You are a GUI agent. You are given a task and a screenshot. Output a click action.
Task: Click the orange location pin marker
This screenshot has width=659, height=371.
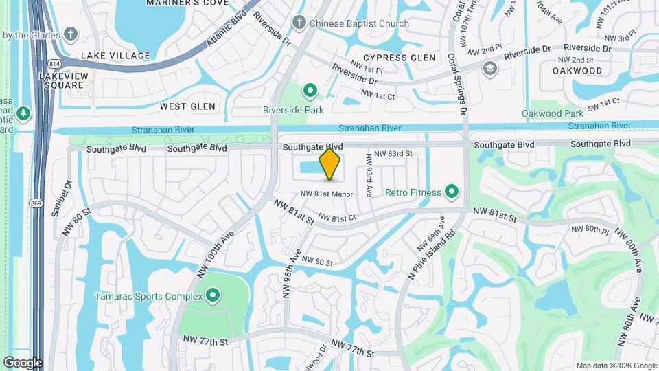(330, 164)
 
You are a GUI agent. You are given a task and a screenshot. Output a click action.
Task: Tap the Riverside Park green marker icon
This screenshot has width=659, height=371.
(310, 90)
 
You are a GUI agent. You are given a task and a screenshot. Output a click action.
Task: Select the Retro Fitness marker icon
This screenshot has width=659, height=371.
(452, 192)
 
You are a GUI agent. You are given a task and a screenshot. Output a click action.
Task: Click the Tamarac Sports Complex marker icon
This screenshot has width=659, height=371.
(213, 296)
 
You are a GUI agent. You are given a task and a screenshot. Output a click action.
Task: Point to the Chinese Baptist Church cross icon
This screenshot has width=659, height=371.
(299, 23)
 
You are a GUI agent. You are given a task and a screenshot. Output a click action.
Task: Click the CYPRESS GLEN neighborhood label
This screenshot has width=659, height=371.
(399, 58)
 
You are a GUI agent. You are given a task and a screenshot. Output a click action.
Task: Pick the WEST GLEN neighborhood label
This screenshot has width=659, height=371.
(187, 106)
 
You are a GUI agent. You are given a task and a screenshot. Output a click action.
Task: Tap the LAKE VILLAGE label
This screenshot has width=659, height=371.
(115, 56)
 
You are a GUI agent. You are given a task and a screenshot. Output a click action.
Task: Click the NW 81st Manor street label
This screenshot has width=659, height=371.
(326, 194)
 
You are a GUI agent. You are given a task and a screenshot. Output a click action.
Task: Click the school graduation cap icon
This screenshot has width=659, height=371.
(489, 68)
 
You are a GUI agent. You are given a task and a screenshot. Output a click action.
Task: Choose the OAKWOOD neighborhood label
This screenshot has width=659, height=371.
(577, 71)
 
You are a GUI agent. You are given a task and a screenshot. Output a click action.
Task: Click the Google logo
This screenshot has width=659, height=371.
(23, 363)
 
